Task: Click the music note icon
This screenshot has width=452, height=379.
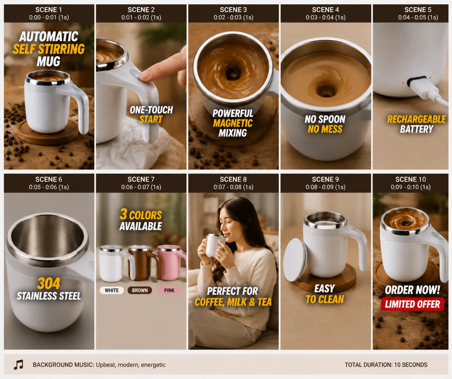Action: [18, 364]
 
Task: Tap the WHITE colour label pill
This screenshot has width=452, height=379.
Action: [112, 290]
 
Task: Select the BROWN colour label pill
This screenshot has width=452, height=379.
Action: [140, 290]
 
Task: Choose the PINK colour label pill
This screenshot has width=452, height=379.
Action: [169, 290]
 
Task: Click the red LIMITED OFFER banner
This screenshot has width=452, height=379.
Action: [412, 304]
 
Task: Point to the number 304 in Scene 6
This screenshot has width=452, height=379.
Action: [49, 283]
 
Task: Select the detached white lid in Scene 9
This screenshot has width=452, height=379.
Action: [295, 260]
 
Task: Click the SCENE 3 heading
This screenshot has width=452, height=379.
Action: [233, 10]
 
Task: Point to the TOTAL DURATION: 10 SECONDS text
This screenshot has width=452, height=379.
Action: [386, 365]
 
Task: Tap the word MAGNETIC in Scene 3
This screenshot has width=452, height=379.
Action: [233, 123]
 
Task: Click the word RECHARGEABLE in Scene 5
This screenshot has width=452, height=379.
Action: [416, 119]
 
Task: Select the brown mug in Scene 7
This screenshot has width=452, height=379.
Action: [143, 263]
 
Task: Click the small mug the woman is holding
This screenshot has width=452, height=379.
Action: [214, 245]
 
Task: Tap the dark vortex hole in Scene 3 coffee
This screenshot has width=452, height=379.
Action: [233, 74]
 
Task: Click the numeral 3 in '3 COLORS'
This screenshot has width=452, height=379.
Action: [123, 214]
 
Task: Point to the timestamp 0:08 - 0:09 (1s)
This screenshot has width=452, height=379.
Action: [325, 187]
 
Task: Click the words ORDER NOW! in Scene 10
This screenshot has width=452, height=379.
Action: [412, 290]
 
